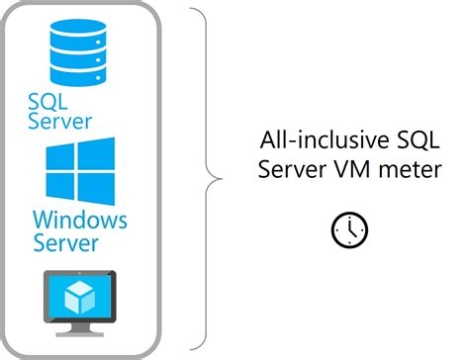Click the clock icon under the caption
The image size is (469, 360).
(348, 229)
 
